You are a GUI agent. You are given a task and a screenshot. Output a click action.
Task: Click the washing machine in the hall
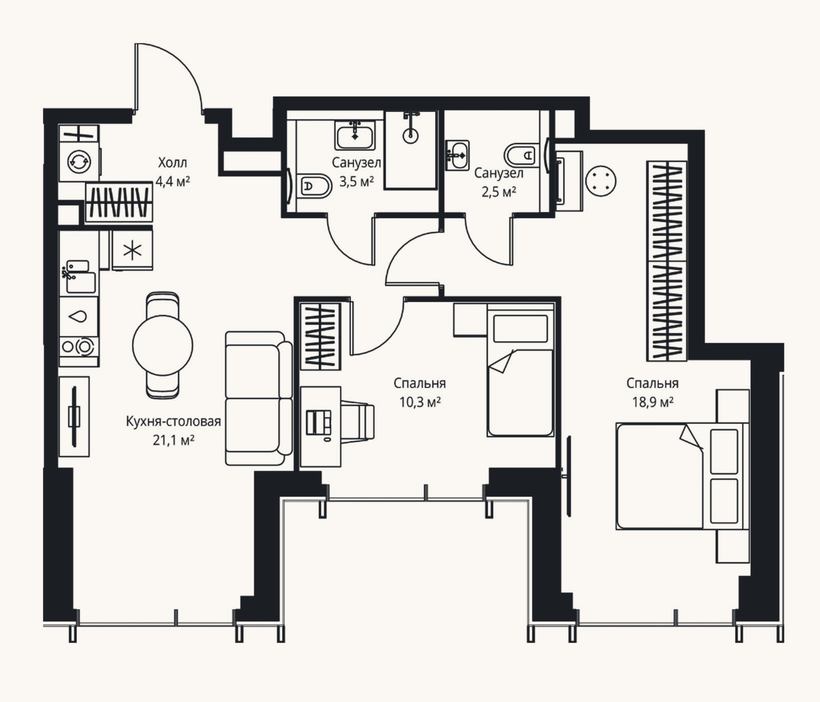coord(79,162)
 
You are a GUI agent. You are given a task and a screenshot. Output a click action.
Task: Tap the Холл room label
coord(172,163)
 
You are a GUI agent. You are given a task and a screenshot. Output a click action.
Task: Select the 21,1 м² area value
coord(173,440)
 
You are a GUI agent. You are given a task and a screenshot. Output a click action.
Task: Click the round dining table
coord(162,345)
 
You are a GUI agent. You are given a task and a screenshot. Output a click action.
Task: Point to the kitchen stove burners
coord(79,347)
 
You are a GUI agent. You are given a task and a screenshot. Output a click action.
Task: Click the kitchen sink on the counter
coord(78,277)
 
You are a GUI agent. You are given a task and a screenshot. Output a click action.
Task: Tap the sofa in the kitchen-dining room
coord(258,398)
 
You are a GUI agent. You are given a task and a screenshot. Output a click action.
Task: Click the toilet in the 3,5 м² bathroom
coord(314,186)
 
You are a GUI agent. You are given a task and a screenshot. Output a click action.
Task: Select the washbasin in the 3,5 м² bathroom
coord(355,135)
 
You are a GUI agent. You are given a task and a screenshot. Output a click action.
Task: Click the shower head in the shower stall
coord(411,135)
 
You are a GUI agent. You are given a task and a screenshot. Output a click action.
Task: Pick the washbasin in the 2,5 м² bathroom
coord(457,155)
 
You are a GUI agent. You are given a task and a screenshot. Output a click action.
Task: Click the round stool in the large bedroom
coord(601,181)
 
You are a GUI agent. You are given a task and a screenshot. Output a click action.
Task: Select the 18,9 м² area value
coord(652,402)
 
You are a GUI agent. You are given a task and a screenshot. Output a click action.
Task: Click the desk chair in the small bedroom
coord(358,421)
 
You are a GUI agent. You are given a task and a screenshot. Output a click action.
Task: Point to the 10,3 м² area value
coord(420,402)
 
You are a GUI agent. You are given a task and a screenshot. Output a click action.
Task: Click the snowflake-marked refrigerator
coord(132,250)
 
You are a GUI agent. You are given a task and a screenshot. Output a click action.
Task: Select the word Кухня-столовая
coord(173,421)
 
